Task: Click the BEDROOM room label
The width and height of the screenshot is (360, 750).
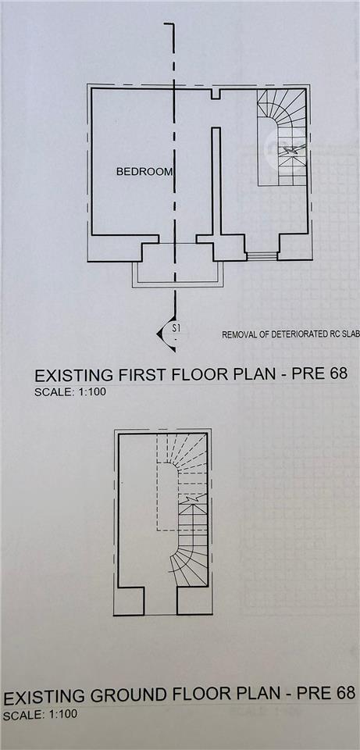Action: (144, 172)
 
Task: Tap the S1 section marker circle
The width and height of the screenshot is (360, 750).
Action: (178, 330)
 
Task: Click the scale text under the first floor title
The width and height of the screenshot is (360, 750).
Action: (70, 392)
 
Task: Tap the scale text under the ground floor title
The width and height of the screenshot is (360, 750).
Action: (40, 716)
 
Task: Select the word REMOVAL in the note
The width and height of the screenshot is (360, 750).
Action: (239, 335)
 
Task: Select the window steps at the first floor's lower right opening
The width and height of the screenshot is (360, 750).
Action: (262, 256)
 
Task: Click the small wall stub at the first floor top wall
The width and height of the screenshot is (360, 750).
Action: (216, 94)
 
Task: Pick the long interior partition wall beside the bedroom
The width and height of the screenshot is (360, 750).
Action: (216, 182)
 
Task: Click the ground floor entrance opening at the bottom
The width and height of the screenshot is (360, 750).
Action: (161, 601)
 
